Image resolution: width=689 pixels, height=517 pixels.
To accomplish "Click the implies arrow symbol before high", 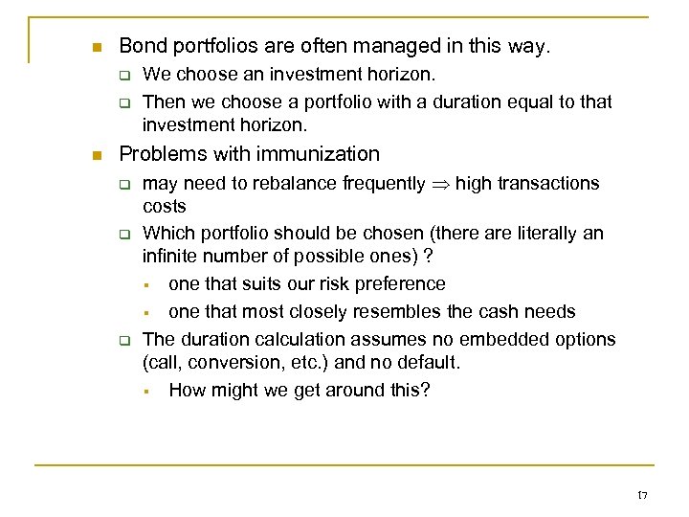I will (440, 183).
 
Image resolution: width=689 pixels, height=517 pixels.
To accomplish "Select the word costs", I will (164, 206).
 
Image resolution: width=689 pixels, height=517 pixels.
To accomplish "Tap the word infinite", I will (169, 256).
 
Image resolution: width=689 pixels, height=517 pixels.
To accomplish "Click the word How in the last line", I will (188, 390).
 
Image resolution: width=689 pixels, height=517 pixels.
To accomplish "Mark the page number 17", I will (642, 495).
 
